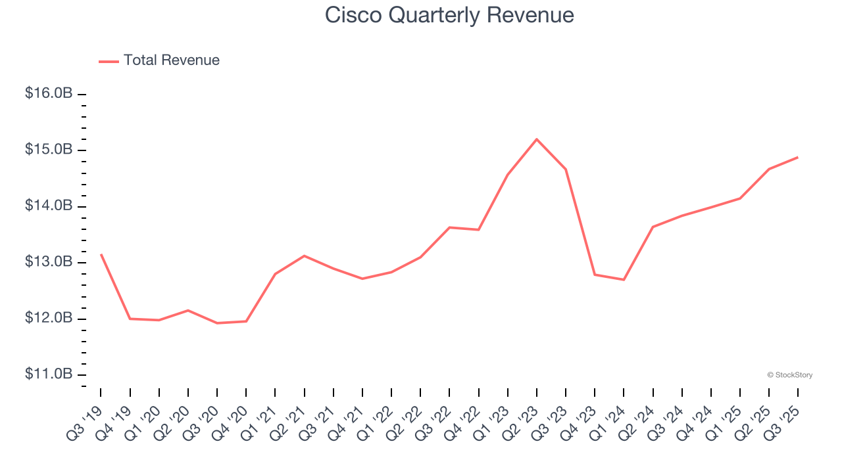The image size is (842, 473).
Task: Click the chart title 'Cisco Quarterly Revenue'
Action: point(449,15)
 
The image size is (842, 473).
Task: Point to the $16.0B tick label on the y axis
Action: point(49,94)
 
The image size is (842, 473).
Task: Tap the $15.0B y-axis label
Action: point(49,150)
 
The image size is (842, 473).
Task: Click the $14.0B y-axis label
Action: point(49,206)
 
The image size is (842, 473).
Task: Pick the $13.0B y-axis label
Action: point(49,262)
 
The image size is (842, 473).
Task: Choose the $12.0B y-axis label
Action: point(49,319)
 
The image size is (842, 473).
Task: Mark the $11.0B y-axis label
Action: point(49,374)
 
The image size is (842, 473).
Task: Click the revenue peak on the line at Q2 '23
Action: point(537,139)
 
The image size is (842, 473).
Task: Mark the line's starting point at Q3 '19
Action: point(101,254)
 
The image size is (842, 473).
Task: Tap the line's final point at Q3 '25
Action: point(798,157)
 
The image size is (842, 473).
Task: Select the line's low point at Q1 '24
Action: point(624,280)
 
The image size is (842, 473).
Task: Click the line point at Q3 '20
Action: point(217,323)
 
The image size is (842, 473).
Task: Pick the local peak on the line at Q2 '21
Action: point(304,256)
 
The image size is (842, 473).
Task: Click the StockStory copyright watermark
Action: point(789,375)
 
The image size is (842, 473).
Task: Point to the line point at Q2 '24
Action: point(653,227)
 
